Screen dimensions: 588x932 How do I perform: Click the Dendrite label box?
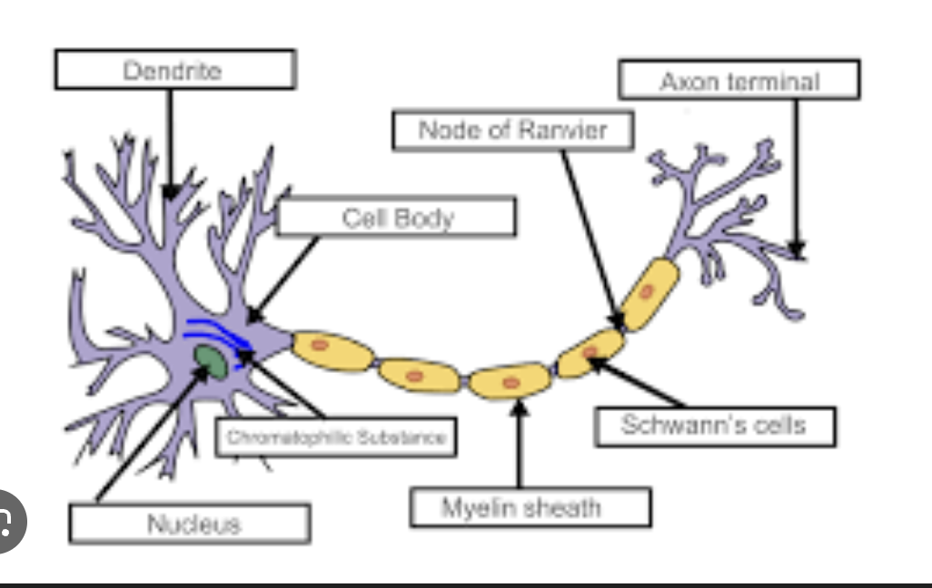point(174,70)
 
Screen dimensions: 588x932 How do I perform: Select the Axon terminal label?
point(739,81)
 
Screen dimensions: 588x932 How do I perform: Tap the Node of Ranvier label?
point(512,131)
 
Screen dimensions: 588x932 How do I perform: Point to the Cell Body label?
point(397,218)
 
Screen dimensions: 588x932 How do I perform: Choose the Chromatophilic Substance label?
point(336,437)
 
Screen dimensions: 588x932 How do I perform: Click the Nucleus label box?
point(190,524)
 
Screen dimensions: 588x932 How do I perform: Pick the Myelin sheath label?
point(530,507)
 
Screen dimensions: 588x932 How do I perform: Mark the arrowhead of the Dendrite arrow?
point(170,191)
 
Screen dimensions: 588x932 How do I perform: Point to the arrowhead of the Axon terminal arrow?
point(797,248)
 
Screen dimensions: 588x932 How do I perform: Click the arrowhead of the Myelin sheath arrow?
point(520,407)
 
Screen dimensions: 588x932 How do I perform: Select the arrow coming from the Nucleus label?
point(145,436)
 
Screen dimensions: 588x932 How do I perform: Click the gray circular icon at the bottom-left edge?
point(7,520)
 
